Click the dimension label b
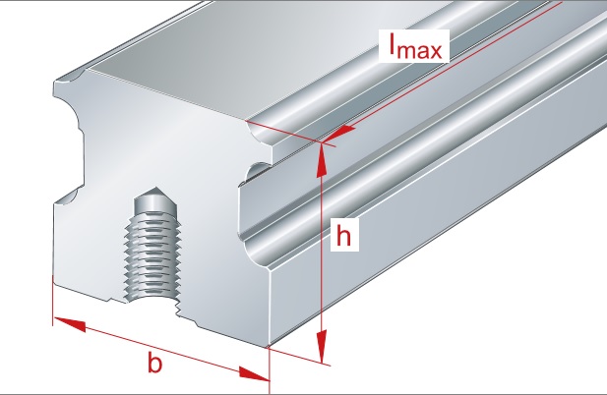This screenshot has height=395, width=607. click(153, 363)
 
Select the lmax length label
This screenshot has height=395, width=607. click(414, 46)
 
